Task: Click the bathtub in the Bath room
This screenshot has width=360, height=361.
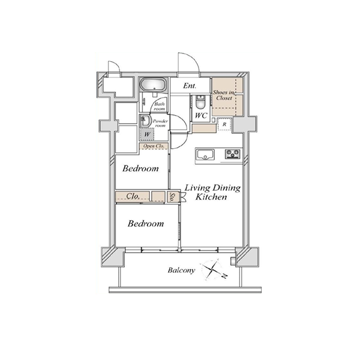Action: click(x=153, y=85)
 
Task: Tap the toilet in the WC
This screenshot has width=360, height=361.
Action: click(x=200, y=102)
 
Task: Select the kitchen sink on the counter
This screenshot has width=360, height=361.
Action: click(x=205, y=154)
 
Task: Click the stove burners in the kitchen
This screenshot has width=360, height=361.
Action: click(x=233, y=154)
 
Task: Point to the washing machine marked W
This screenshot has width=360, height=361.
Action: click(x=147, y=134)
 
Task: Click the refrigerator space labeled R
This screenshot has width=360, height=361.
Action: click(x=224, y=124)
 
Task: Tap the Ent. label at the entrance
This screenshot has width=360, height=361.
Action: click(x=190, y=86)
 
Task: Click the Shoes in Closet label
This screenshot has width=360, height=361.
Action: click(x=224, y=95)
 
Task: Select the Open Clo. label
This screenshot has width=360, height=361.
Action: click(x=154, y=146)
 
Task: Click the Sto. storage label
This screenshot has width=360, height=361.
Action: click(x=172, y=197)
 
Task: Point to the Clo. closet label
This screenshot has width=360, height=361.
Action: click(x=133, y=196)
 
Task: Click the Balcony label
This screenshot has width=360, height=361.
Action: click(x=181, y=270)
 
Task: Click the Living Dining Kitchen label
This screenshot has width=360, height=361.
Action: click(x=212, y=192)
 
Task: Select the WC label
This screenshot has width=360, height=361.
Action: click(x=201, y=115)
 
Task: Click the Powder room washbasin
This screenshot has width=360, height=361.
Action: click(x=145, y=121)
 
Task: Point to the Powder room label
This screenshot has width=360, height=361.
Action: click(x=160, y=123)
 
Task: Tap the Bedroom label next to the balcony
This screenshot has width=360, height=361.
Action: click(x=146, y=224)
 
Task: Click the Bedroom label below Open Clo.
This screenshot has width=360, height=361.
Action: click(x=140, y=169)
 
